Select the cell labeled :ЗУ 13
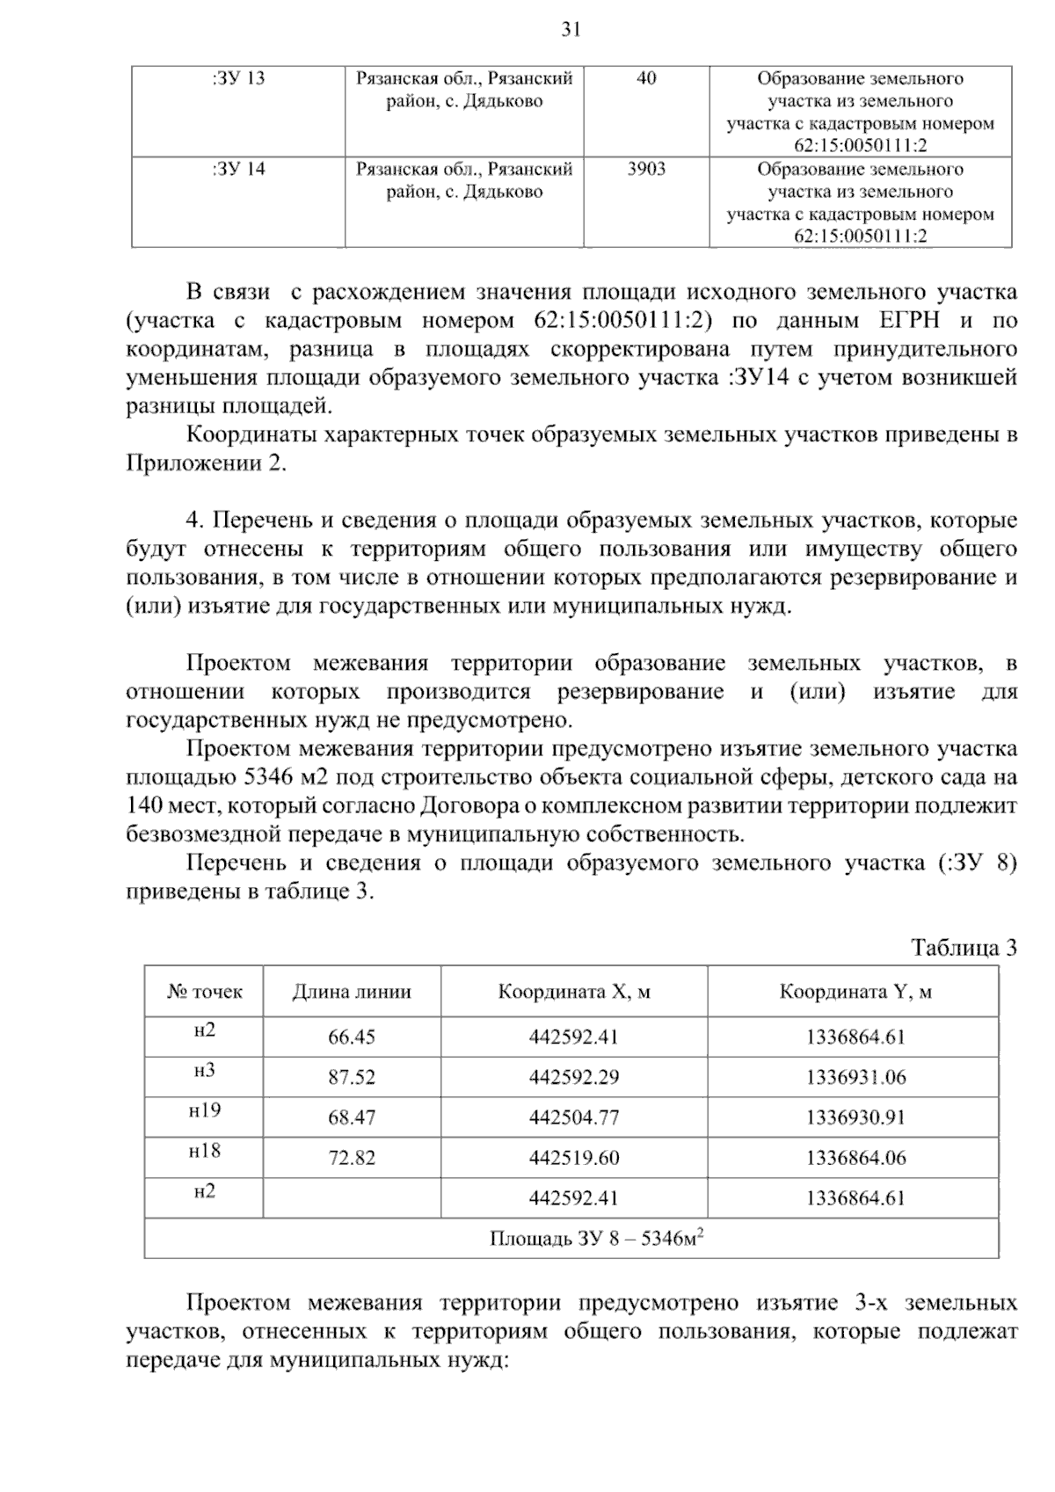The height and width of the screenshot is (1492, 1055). (237, 79)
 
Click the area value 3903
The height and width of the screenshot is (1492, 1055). (646, 170)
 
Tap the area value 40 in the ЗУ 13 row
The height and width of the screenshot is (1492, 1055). (646, 79)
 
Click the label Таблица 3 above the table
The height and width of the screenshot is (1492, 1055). (964, 947)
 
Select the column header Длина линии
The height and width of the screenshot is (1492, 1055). (352, 992)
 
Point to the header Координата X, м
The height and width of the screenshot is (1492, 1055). (574, 992)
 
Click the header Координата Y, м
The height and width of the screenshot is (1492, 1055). (855, 992)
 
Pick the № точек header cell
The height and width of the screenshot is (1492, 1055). (204, 992)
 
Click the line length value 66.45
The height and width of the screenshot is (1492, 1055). (352, 1037)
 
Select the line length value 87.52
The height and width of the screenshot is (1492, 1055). (352, 1078)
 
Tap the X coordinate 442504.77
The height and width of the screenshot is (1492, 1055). (574, 1118)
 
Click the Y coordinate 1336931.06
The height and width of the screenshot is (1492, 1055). (855, 1078)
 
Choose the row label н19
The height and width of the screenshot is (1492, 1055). (204, 1110)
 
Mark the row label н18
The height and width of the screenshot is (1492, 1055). (204, 1151)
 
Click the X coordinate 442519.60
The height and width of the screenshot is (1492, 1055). (574, 1159)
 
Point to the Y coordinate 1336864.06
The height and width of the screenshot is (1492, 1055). (855, 1159)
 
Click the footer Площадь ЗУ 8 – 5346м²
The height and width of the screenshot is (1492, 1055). (599, 1239)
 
